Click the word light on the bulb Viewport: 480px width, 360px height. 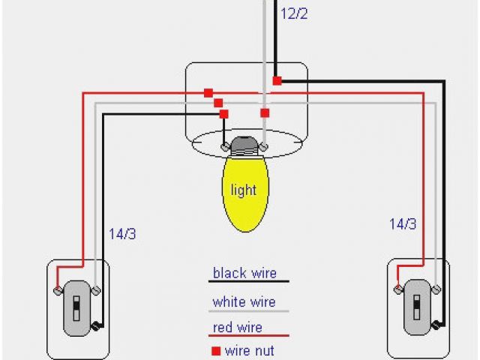tap(243, 190)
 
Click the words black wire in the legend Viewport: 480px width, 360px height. tap(249, 274)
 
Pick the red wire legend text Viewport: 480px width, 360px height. tap(237, 328)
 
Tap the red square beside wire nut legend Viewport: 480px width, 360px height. tap(216, 351)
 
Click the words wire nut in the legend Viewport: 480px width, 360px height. tap(250, 351)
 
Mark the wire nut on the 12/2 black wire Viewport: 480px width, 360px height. tap(277, 80)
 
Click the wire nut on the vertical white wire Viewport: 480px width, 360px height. tap(264, 113)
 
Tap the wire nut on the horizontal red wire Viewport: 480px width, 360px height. tap(208, 93)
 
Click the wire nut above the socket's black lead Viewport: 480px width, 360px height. tap(223, 113)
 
